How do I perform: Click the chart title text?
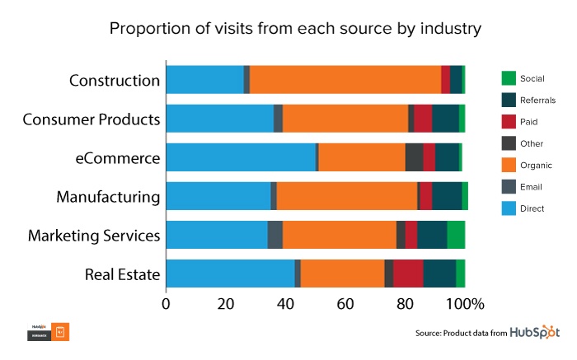click(294, 30)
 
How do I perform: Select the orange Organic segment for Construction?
click(345, 80)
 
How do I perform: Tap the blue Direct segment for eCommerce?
click(241, 157)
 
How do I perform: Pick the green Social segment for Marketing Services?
click(456, 234)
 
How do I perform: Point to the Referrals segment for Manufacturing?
click(447, 196)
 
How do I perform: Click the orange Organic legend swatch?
click(508, 166)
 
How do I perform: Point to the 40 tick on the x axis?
click(286, 304)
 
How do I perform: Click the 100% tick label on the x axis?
click(464, 304)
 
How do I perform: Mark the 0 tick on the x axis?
click(167, 304)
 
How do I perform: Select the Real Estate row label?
click(122, 274)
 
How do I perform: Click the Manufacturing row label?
click(108, 196)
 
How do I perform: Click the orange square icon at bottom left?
click(61, 332)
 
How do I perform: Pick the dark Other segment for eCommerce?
click(414, 157)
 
